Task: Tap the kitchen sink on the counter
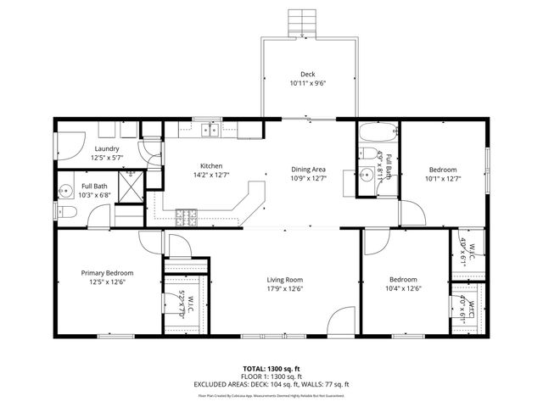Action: [x=210, y=130]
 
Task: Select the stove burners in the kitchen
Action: [x=187, y=218]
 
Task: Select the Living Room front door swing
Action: [x=337, y=322]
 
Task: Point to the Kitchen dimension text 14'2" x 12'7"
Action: [x=210, y=176]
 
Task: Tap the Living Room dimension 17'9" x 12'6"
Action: [x=285, y=288]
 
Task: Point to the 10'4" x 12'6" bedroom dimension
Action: [x=403, y=289]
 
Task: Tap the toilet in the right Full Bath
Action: [x=365, y=154]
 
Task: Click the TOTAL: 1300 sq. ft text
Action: [x=271, y=369]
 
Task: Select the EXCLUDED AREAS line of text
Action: [x=271, y=384]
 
